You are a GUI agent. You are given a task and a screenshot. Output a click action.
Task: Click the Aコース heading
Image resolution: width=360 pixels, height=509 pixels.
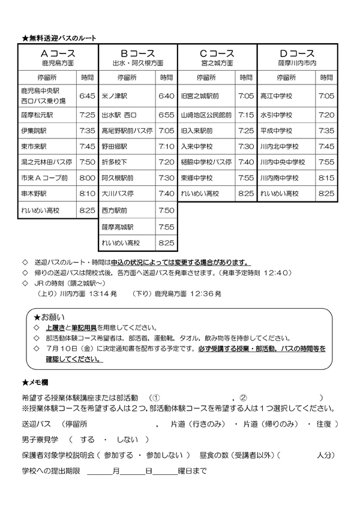click(x=58, y=53)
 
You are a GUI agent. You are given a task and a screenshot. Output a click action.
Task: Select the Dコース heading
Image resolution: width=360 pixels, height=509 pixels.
click(x=296, y=53)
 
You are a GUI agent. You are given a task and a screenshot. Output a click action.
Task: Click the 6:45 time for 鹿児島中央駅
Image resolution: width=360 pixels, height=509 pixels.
click(x=87, y=96)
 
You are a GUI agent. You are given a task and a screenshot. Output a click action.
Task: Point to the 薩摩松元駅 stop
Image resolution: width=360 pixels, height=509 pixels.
click(x=37, y=115)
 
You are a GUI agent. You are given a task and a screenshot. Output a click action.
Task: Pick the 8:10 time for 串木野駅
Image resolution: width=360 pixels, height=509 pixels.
click(x=87, y=194)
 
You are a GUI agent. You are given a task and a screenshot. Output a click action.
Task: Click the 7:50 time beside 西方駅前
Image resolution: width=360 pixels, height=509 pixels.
click(x=167, y=210)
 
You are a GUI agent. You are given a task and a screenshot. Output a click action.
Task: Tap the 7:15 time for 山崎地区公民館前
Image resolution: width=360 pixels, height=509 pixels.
click(x=246, y=115)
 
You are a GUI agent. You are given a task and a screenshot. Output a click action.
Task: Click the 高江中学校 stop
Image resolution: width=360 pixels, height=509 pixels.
click(x=276, y=96)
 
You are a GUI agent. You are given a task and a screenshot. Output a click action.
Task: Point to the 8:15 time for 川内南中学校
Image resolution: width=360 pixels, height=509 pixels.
click(x=326, y=178)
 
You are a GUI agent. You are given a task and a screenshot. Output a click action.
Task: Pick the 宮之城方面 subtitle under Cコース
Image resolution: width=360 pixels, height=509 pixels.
click(x=217, y=63)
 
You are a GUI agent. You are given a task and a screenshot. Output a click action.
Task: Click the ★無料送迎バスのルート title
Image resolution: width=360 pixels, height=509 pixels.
click(x=59, y=38)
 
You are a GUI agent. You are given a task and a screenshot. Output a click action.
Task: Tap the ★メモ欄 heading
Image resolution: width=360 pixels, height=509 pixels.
click(x=38, y=382)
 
